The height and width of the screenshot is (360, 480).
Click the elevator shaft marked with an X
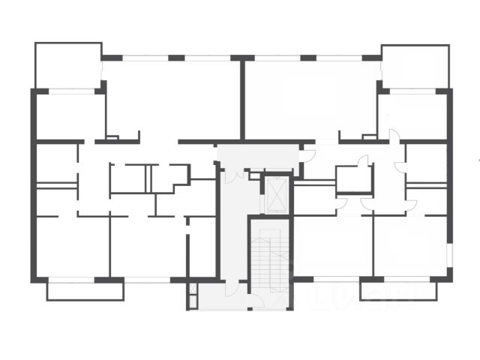point(277,194)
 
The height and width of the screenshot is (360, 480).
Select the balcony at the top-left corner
point(67,66)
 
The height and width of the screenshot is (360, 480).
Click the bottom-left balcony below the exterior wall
point(85,290)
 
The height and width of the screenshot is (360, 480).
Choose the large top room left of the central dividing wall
point(172,97)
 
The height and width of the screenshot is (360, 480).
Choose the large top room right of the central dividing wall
point(311,97)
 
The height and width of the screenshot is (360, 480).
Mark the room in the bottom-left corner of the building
point(71,247)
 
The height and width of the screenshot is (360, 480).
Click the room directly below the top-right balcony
point(412,116)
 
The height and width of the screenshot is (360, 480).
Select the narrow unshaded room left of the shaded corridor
point(201,247)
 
